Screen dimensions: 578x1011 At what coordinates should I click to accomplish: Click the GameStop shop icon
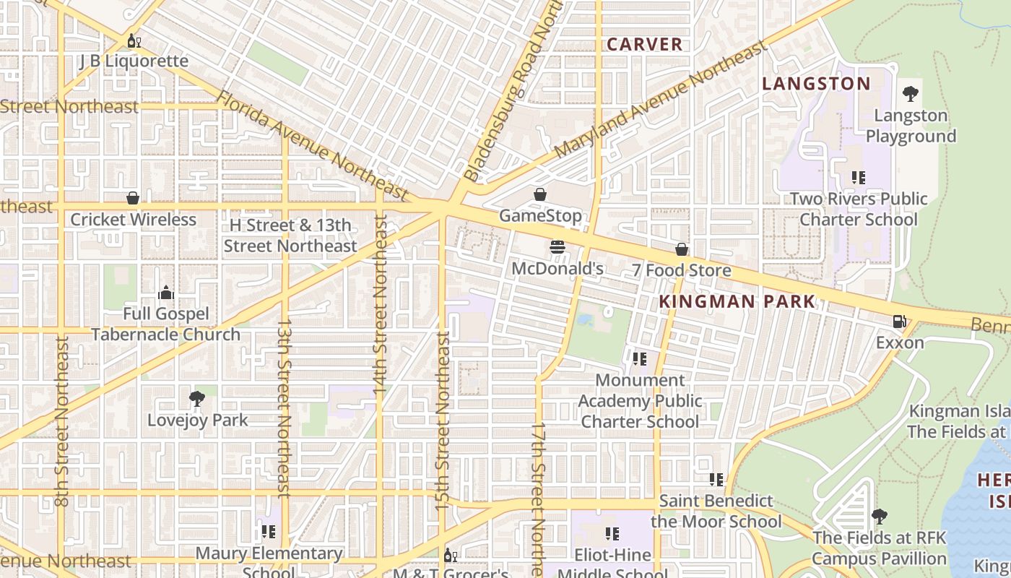(x=539, y=194)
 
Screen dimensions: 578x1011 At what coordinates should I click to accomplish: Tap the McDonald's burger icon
(x=557, y=247)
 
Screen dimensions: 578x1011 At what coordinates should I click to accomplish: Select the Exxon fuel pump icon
(x=899, y=321)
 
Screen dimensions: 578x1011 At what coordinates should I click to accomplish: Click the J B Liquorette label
(x=134, y=61)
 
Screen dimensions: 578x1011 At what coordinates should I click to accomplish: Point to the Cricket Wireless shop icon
(x=133, y=198)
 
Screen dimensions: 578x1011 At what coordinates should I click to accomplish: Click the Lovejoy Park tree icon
(x=196, y=398)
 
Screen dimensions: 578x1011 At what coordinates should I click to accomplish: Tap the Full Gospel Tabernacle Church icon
(x=166, y=293)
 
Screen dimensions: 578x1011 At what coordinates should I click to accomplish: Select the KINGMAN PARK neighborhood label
(x=737, y=301)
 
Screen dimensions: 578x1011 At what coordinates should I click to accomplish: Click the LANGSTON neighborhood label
(x=817, y=84)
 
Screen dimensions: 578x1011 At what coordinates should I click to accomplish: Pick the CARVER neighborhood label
(x=644, y=45)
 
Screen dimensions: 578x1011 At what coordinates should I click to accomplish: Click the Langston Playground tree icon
(x=911, y=94)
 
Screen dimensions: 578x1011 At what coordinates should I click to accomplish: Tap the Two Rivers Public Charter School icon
(x=858, y=177)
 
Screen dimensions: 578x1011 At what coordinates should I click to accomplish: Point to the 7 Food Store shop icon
(x=681, y=249)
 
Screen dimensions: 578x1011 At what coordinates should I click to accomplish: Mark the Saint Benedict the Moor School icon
(x=716, y=479)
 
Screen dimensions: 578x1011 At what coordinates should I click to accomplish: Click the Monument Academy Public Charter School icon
(x=639, y=358)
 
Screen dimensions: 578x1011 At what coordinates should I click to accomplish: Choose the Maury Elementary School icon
(x=268, y=532)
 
